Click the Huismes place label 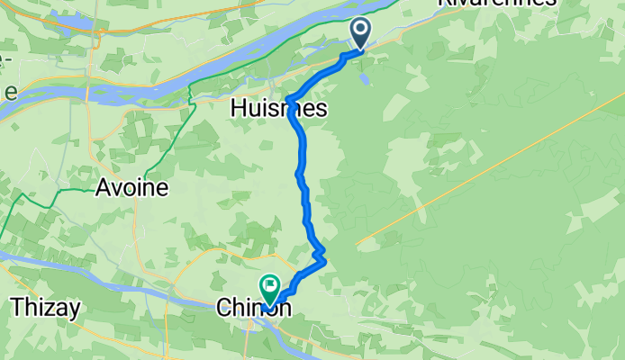point(278,108)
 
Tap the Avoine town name point(132,188)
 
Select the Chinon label point(253,307)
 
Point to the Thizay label point(46,307)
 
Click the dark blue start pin point(360,32)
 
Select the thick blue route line point(303,180)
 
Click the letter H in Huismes point(238,108)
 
